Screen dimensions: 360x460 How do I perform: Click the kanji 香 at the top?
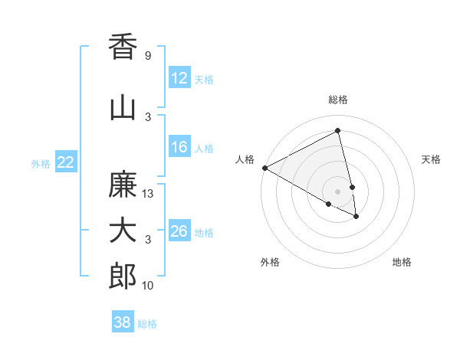(123, 47)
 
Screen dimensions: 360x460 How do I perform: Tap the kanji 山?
(123, 108)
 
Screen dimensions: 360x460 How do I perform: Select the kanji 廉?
(123, 185)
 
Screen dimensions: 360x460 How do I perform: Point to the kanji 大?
(123, 231)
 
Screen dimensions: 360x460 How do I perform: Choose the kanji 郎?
(123, 277)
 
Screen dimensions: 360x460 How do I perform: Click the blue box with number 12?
(179, 78)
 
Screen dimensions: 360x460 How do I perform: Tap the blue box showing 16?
(179, 148)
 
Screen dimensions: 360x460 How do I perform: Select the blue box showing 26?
(179, 231)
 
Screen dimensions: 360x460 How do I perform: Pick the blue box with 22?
(66, 162)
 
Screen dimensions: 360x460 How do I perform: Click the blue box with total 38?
(123, 322)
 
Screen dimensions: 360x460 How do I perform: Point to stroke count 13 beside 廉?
(148, 194)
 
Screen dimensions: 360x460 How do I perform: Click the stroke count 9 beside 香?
(147, 56)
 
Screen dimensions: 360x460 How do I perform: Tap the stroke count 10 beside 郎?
(148, 286)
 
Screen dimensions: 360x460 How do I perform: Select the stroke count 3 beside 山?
(147, 117)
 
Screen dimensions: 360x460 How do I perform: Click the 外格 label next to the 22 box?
(41, 163)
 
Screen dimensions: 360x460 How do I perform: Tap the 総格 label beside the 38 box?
(147, 323)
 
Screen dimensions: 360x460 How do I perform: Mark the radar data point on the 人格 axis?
(264, 167)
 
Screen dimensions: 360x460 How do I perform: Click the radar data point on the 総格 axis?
(338, 131)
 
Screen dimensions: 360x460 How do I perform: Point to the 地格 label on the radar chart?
(402, 262)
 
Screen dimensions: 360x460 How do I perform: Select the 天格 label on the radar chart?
(432, 159)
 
